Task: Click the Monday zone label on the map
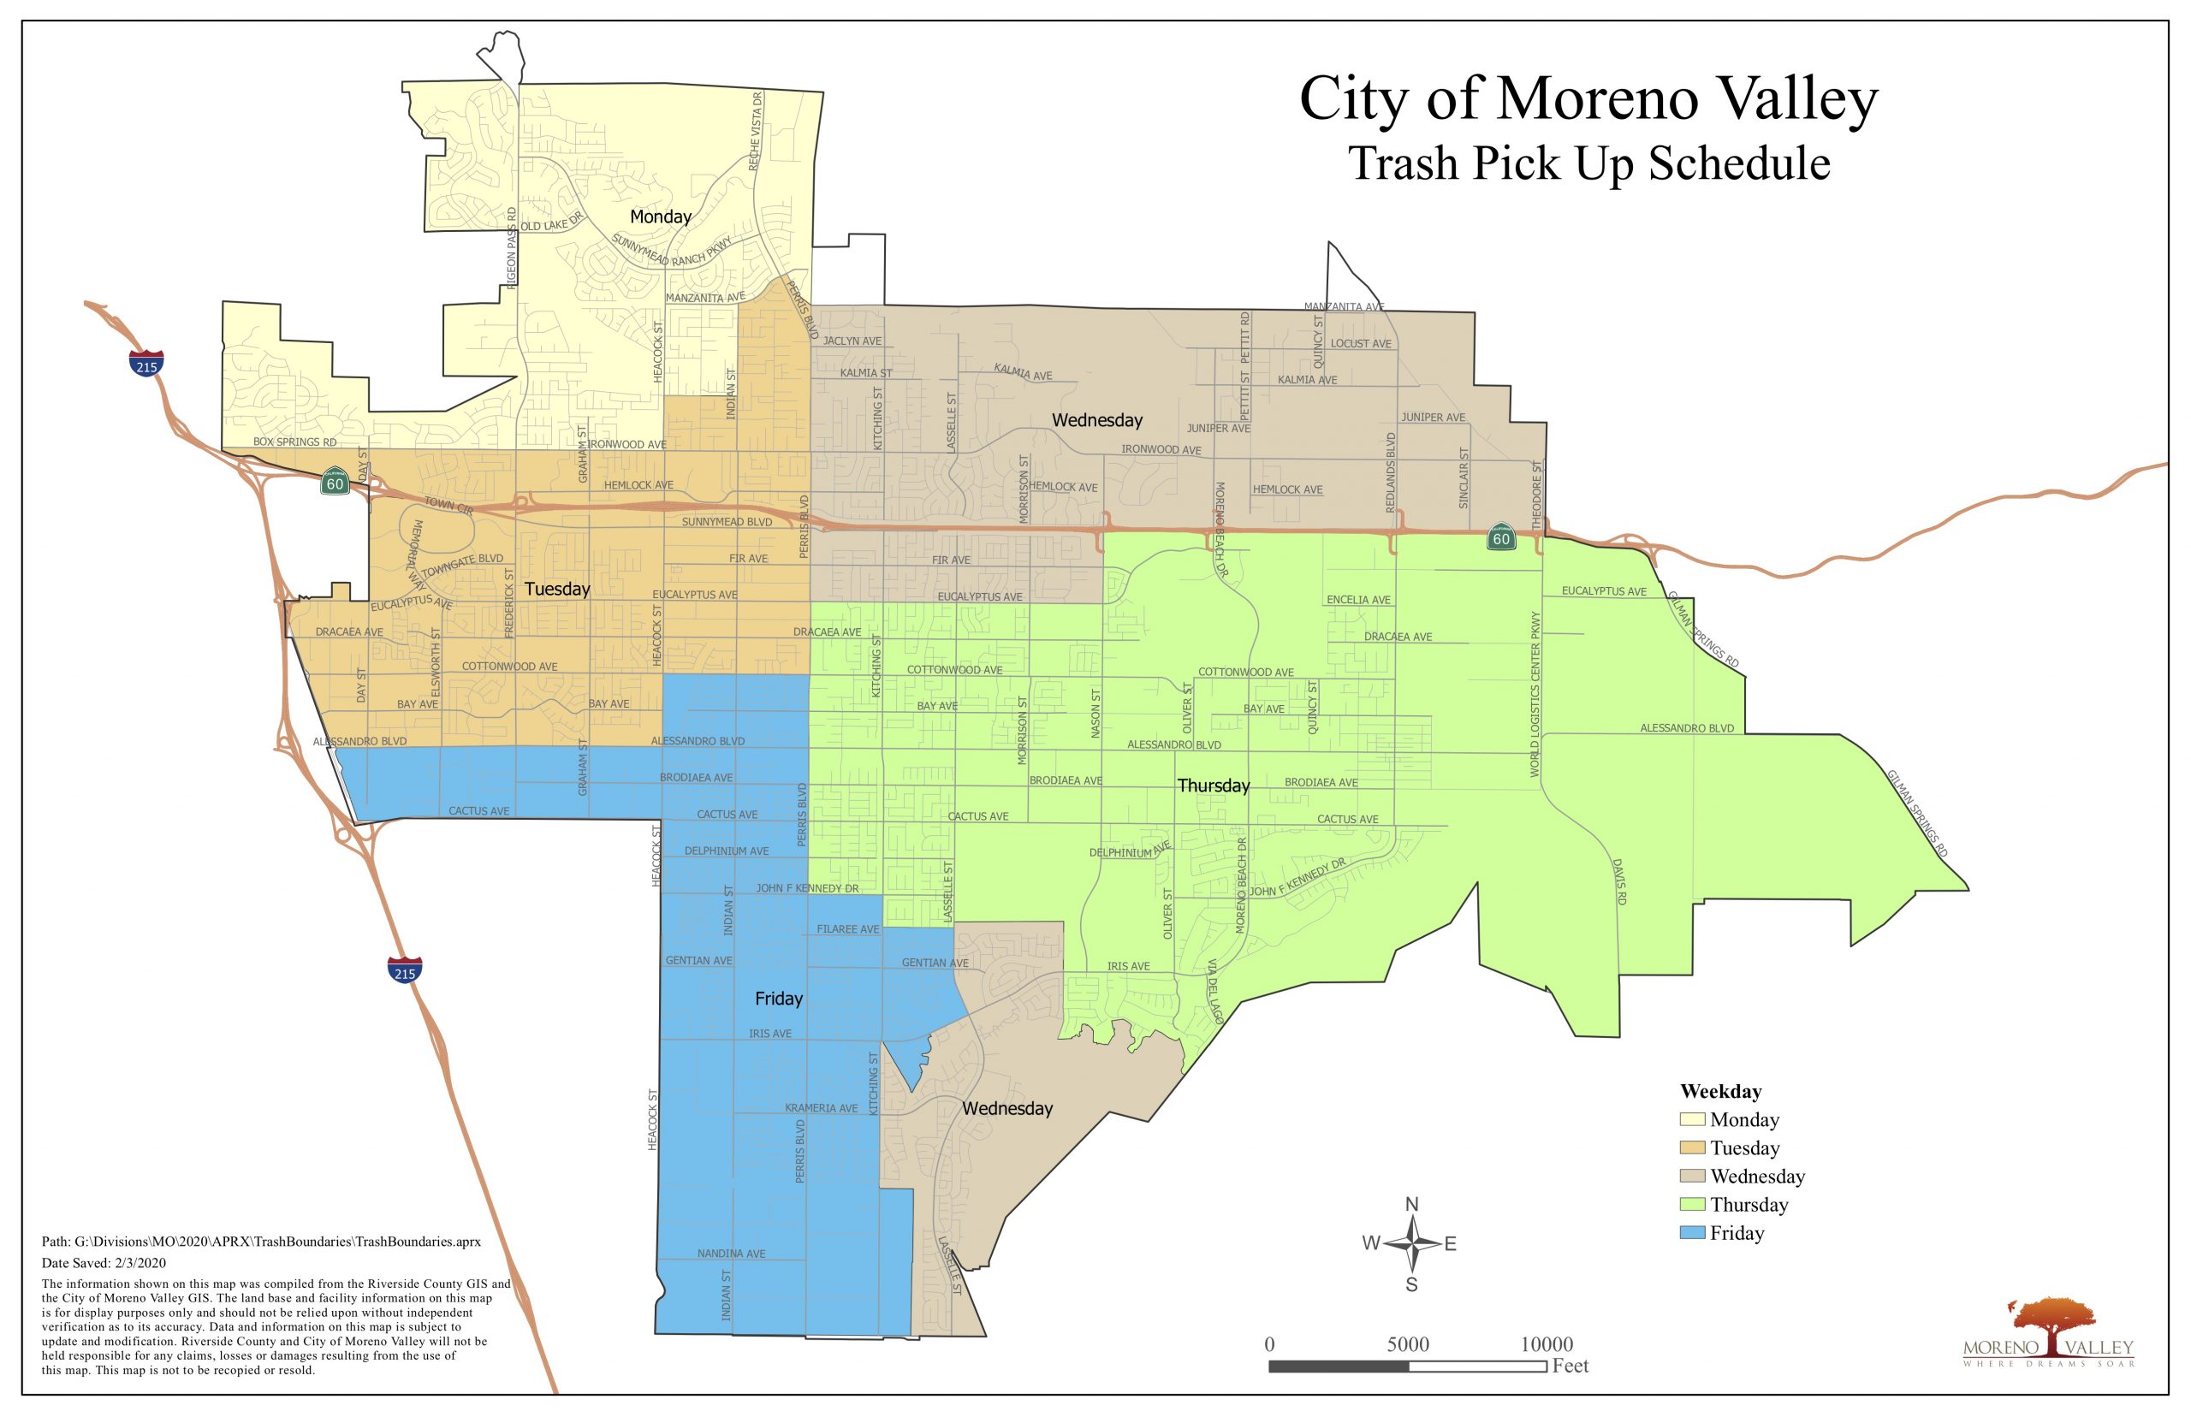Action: click(x=660, y=217)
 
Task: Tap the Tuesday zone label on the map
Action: click(x=556, y=589)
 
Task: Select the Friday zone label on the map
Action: click(x=779, y=999)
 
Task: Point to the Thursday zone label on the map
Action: click(x=1213, y=786)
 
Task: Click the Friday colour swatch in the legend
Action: click(x=1691, y=1233)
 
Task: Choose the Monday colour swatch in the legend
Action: click(x=1691, y=1120)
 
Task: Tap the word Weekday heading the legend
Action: click(x=1720, y=1092)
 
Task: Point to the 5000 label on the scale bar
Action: click(x=1407, y=1344)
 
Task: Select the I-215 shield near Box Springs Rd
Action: click(x=146, y=365)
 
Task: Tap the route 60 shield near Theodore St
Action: click(x=1501, y=538)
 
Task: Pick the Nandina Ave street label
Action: click(x=731, y=1254)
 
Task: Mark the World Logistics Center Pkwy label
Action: click(x=1534, y=695)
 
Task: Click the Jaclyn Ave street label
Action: click(x=852, y=341)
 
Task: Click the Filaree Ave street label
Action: click(x=847, y=929)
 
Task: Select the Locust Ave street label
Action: click(x=1361, y=344)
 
